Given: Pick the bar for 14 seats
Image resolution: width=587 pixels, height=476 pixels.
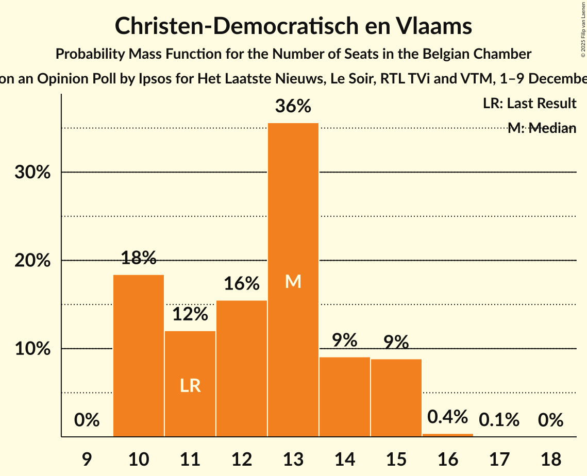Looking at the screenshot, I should point(344,397).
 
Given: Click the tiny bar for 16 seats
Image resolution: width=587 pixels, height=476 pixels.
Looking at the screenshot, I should point(447,435).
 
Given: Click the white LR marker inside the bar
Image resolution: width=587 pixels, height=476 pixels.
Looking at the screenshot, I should point(190,385).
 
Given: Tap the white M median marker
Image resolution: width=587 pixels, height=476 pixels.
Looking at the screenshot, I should point(293,281).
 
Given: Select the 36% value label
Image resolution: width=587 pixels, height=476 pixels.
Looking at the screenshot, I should point(293,107).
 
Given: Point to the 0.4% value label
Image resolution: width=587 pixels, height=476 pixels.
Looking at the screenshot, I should point(447,416).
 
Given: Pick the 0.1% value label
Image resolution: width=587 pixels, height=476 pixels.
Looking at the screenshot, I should point(499,420).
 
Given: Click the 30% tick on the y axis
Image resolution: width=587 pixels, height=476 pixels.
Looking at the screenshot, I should point(32,173).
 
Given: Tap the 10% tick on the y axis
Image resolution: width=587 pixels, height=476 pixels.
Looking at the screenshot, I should point(32,349).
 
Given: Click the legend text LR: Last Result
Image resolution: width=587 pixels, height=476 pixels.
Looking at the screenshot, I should point(529,104).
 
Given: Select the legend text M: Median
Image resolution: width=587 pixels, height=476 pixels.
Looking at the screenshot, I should point(541,128).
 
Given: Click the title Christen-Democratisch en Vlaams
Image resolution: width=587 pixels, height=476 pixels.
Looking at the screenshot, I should point(293,26).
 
